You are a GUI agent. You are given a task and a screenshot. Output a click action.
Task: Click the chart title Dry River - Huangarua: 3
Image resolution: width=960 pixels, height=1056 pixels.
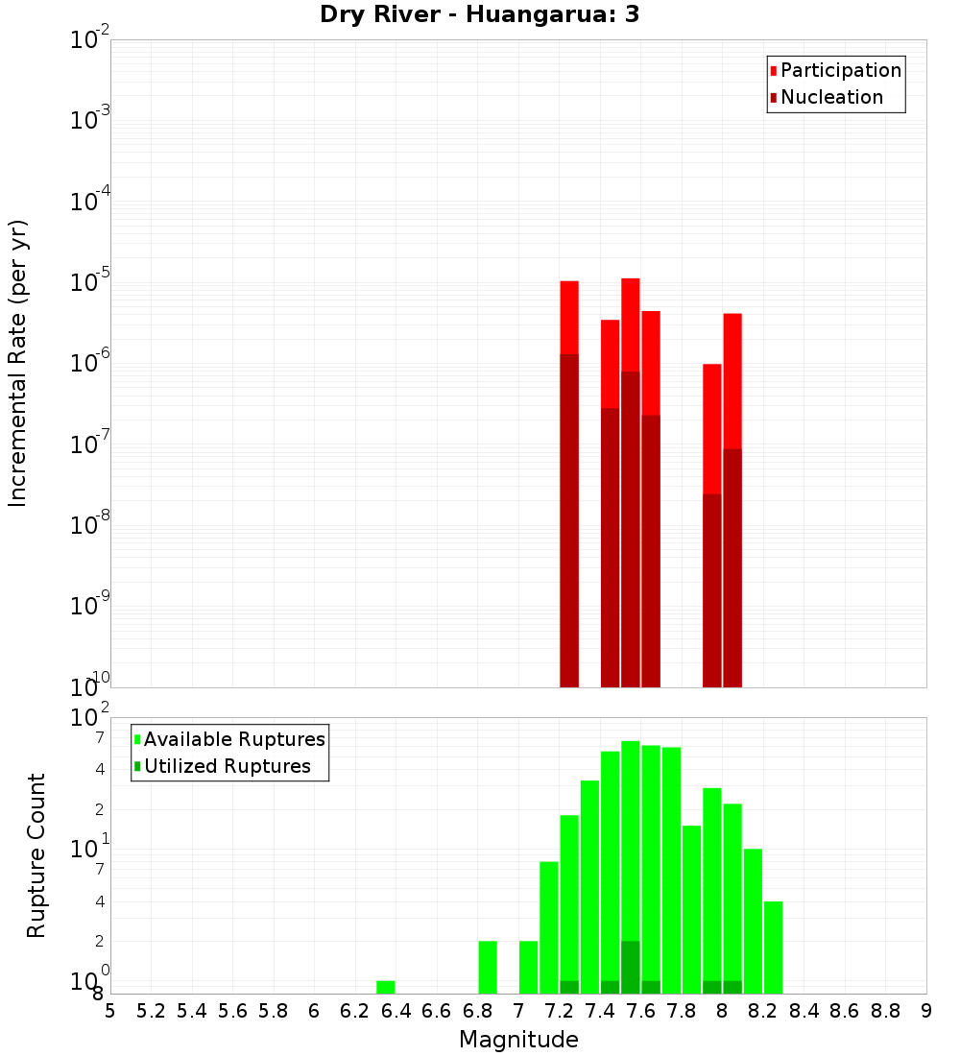coord(480,14)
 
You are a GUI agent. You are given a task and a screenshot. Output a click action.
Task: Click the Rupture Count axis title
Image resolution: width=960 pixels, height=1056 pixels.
coord(36,855)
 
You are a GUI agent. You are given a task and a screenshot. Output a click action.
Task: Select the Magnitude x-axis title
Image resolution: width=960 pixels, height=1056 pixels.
coord(518,1040)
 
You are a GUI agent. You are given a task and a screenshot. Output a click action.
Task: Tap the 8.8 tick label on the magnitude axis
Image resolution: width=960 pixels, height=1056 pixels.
coord(886,1010)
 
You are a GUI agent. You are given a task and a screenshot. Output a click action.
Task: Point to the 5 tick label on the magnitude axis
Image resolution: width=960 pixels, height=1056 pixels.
coord(110,1010)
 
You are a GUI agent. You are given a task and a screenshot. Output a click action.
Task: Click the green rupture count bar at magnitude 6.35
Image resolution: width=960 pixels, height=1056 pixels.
coord(386,987)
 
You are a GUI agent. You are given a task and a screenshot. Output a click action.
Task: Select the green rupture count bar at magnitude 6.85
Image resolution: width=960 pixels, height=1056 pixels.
coord(488,967)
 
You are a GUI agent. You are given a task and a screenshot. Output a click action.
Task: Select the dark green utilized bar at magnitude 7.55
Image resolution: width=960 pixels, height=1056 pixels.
coord(631,967)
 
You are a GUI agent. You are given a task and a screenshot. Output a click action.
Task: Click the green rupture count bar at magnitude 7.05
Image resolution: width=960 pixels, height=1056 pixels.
coord(529,967)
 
